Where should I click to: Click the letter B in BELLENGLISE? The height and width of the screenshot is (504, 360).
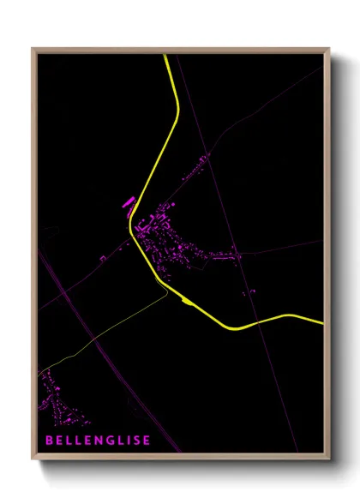(x=49, y=441)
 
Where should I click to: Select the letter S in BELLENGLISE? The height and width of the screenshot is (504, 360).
(x=137, y=441)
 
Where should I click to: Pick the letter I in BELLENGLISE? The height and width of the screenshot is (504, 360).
(x=129, y=441)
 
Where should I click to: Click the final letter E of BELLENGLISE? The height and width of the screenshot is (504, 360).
(x=147, y=441)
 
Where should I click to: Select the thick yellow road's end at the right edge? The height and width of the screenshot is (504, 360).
(x=323, y=323)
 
